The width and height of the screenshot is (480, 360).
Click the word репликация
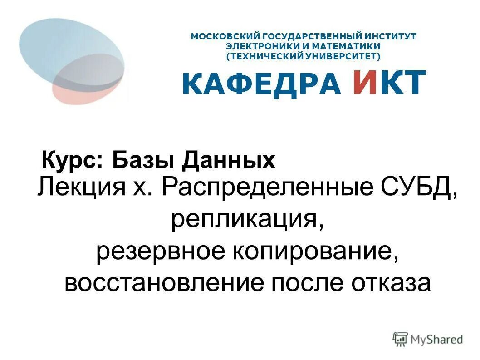pos(247,220)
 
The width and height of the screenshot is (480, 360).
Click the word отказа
pos(389,283)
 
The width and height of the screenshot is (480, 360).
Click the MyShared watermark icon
pos(400,338)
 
